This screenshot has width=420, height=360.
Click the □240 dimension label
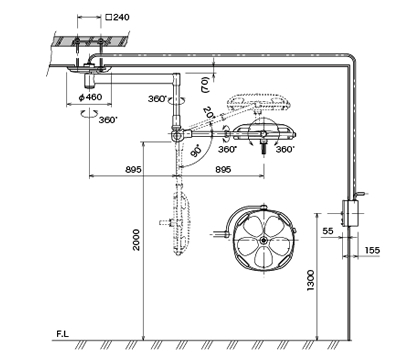tap(117, 17)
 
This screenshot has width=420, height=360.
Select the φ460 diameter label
tap(90, 97)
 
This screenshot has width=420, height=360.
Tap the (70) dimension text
tap(205, 85)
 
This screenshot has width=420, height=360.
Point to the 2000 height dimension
tap(136, 240)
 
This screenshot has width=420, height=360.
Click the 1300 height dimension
tap(310, 280)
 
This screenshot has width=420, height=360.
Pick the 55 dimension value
tap(328, 231)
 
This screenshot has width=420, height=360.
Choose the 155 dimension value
tap(372, 250)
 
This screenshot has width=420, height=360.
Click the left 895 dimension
tap(133, 169)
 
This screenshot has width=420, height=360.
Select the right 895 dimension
tap(223, 169)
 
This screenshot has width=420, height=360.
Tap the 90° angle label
tap(197, 151)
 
